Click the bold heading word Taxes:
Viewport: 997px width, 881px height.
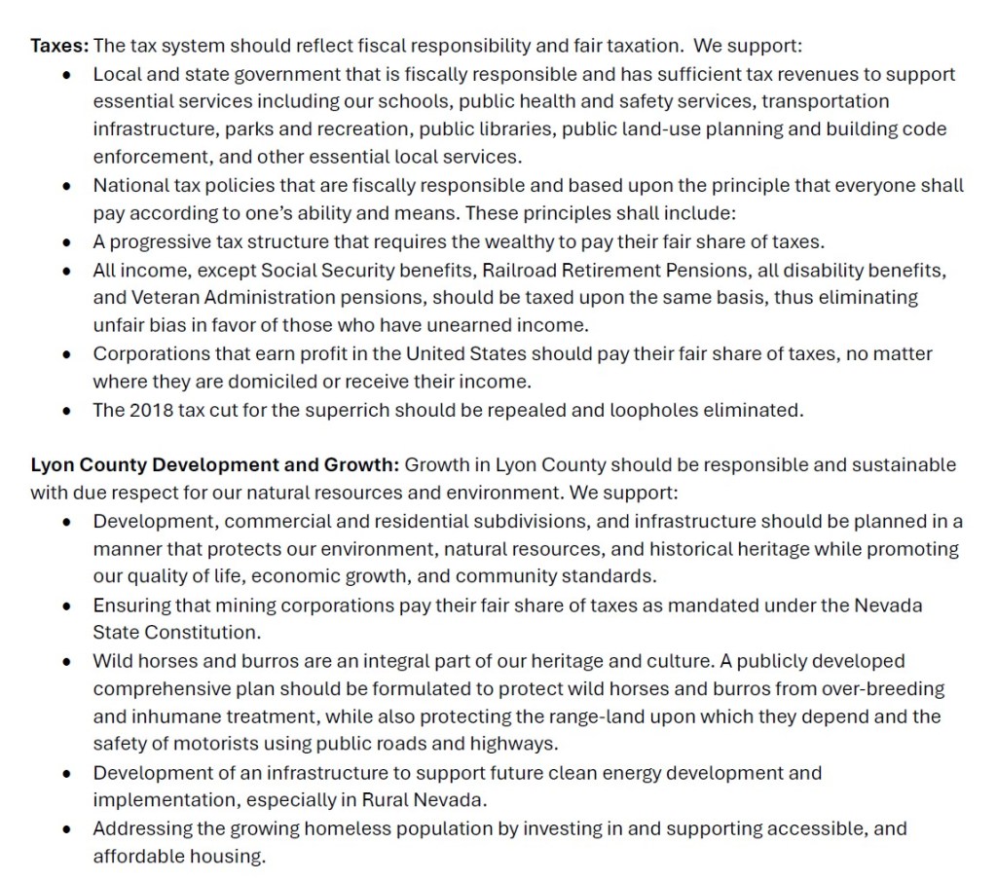59,46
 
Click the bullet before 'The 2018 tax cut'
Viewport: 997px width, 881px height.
66,410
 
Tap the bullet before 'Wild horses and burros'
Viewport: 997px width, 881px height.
66,662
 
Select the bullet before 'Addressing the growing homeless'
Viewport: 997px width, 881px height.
66,829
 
